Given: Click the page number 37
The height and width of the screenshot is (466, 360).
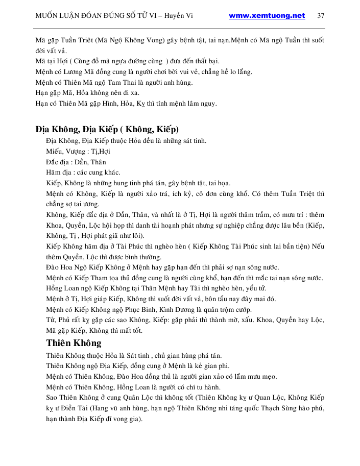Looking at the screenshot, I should [x=321, y=16].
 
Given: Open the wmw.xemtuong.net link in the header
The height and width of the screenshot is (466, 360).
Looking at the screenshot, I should [x=267, y=16].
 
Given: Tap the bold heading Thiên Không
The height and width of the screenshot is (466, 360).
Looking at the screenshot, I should [x=74, y=342].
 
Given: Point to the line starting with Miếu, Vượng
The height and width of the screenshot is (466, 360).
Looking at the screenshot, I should [x=78, y=151].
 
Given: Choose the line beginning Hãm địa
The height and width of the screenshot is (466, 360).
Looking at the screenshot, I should [x=83, y=173].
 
